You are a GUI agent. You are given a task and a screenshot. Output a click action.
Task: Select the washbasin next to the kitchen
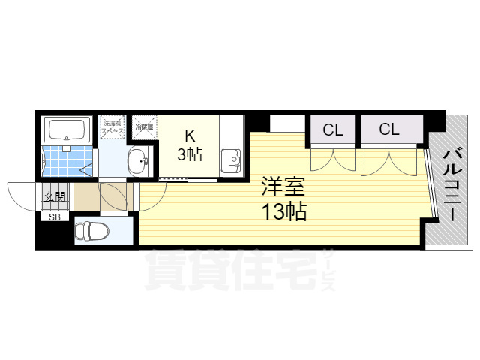click(x=137, y=160)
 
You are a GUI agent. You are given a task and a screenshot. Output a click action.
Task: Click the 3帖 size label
click(x=189, y=155)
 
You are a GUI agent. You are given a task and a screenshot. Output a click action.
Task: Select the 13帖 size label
click(x=283, y=212)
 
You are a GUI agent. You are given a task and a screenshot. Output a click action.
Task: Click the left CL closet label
click(x=332, y=130)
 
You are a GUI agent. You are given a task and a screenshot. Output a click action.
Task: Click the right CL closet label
click(x=388, y=130)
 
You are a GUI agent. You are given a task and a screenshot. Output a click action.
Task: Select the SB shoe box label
click(x=54, y=217)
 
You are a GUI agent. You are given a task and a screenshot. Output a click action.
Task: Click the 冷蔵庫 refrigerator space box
click(x=145, y=127)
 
